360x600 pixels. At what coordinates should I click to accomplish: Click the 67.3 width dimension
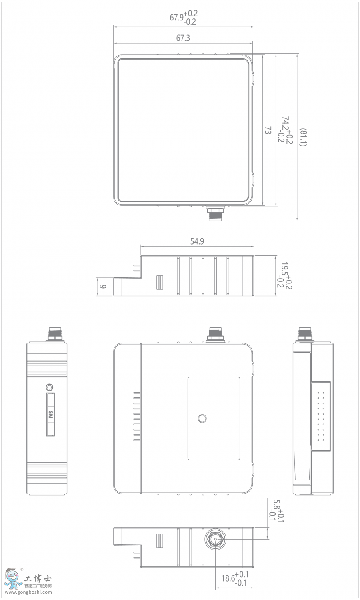point(183,38)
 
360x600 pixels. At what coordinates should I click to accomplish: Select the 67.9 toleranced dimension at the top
point(184,18)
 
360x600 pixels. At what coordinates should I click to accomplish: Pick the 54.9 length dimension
point(197,241)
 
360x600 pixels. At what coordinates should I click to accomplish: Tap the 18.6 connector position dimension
point(235,578)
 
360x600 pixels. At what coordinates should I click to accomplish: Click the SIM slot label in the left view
point(50,415)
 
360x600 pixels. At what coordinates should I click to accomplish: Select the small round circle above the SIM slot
point(50,387)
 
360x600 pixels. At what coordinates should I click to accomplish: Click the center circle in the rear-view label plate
point(203,419)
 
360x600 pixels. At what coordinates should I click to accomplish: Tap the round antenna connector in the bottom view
point(216,539)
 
